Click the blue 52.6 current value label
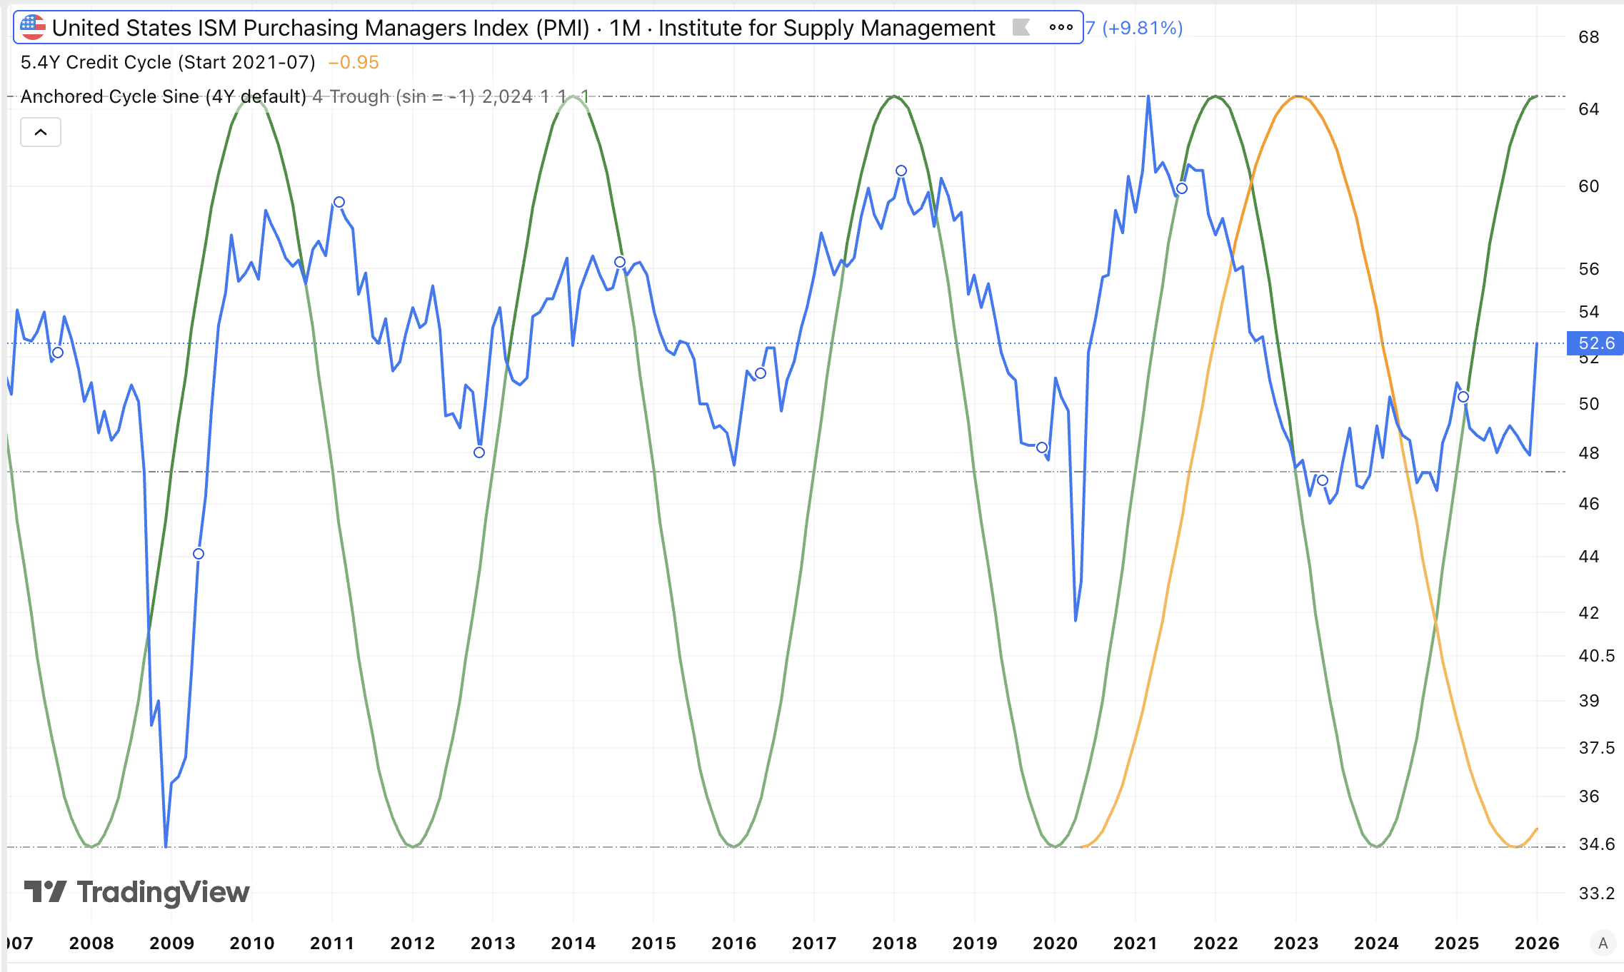(1595, 343)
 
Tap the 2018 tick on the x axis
(894, 943)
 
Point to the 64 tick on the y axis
(1588, 109)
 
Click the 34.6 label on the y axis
(1596, 844)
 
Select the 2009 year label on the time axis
(171, 943)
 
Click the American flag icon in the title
(33, 28)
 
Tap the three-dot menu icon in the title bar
(1061, 28)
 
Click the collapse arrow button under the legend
(41, 132)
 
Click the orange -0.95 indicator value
(354, 63)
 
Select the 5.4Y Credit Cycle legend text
(168, 63)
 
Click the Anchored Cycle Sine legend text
(163, 96)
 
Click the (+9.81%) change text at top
(1142, 28)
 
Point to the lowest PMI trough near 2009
(166, 846)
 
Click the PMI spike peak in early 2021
(1148, 96)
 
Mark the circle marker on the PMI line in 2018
(901, 171)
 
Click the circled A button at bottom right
(1603, 943)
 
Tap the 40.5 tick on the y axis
(1596, 655)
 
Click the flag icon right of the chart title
(1021, 28)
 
